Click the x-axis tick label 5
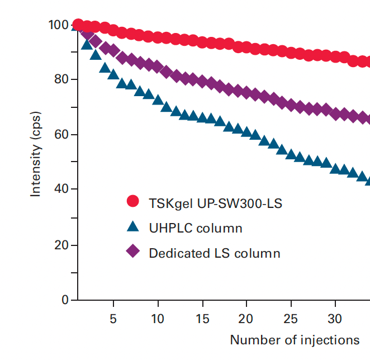[x=113, y=319]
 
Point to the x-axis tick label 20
[x=246, y=319]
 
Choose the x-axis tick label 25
[x=290, y=319]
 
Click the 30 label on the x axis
[x=334, y=319]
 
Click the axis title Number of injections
[x=295, y=340]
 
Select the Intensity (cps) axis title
[x=36, y=162]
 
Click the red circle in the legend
[x=132, y=202]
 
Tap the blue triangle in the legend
[x=132, y=227]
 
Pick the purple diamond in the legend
[x=132, y=253]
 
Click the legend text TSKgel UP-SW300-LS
[x=215, y=203]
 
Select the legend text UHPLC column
[x=196, y=228]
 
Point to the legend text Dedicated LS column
[x=215, y=253]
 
